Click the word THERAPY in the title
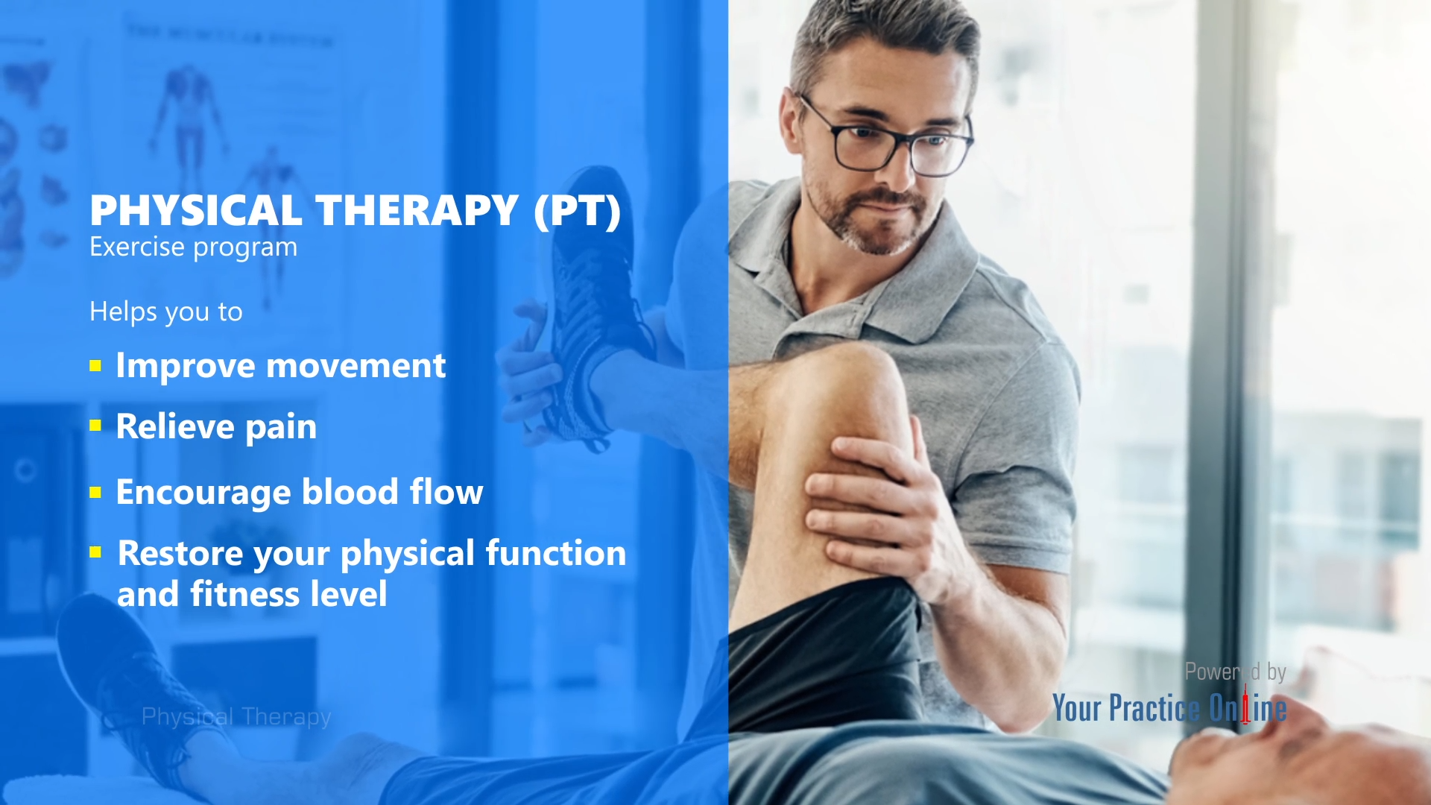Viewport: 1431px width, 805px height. coord(417,211)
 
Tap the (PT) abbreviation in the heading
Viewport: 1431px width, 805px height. coord(577,211)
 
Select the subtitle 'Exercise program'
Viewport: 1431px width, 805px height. coord(193,247)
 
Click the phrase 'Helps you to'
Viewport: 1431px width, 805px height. coord(165,312)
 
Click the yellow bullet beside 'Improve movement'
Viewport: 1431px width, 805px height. coord(95,366)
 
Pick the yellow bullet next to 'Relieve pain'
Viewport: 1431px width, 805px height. coord(95,426)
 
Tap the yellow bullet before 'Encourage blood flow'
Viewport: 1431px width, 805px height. coord(95,492)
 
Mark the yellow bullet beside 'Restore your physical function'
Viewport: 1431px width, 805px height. coord(95,552)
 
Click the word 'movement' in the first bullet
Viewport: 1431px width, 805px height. coord(356,366)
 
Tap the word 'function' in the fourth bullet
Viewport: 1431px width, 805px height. coord(555,553)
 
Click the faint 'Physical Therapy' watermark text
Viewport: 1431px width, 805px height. coord(236,716)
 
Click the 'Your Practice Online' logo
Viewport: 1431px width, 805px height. coord(1169,708)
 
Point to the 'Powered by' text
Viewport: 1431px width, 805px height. coord(1235,672)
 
